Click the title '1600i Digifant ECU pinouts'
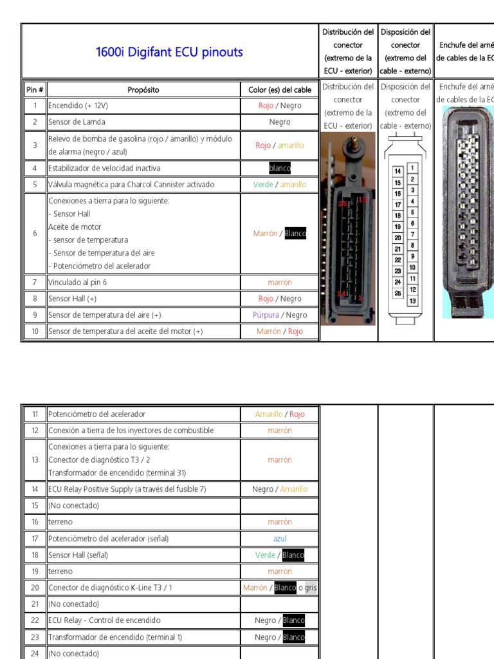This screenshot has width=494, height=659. pos(169,52)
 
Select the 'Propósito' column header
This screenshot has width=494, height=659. pos(143,89)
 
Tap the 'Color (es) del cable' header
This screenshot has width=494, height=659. pos(280,89)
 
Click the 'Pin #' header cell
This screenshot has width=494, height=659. pos(34,89)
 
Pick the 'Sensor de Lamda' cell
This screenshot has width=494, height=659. pos(77,122)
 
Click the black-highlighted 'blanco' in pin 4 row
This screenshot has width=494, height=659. pos(280,169)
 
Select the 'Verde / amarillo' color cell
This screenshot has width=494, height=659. pos(280,185)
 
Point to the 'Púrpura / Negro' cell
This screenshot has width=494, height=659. pos(280,315)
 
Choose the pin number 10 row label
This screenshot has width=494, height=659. pos(35,331)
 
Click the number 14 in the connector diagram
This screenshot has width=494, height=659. pos(398,171)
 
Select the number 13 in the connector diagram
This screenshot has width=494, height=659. pos(412,301)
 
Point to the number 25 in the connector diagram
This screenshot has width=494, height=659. pos(398,293)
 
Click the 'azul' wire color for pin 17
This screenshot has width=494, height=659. pos(280,539)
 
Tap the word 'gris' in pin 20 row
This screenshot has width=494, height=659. pos(311,588)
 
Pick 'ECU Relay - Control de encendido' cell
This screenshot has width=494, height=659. pos(104,620)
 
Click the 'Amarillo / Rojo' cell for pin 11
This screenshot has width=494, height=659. pos(280,414)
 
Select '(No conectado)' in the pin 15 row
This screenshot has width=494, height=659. pos(73,506)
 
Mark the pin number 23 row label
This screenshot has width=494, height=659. pos(35,637)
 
